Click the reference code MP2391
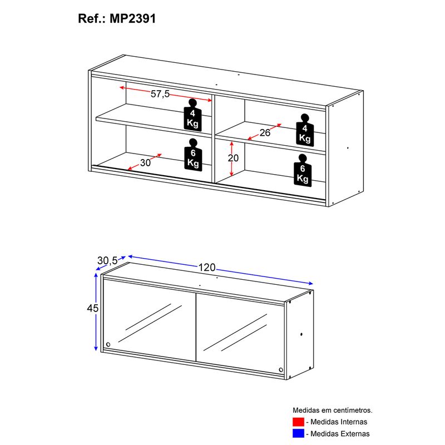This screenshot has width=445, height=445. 132,19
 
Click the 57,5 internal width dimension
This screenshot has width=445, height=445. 160,93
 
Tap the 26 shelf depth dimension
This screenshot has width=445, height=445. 265,132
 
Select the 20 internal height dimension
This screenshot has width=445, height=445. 233,158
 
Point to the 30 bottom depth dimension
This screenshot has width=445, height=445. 145,162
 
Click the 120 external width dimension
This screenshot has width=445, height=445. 207,268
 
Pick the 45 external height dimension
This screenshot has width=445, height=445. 92,308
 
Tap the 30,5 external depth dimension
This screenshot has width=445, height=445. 107,260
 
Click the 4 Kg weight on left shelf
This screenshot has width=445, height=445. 192,115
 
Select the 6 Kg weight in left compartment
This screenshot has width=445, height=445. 193,155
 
